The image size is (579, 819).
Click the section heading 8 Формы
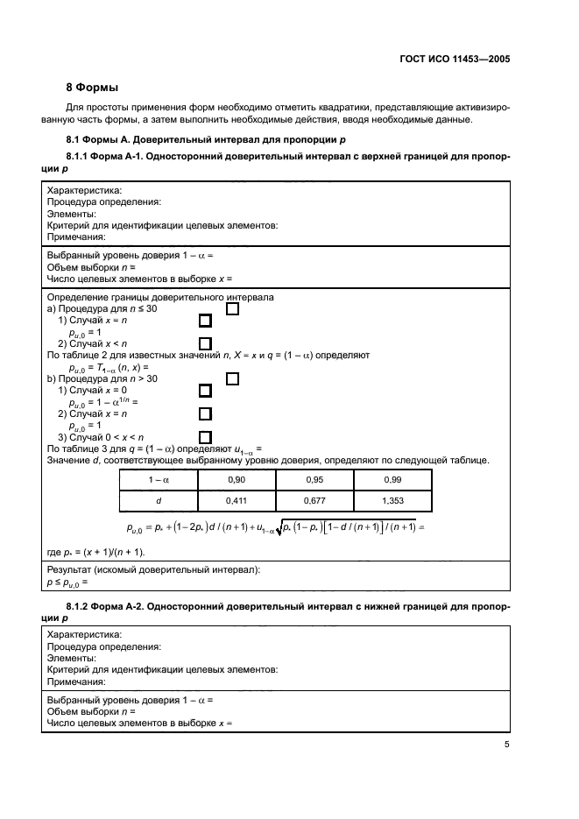(x=95, y=88)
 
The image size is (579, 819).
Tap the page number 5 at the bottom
(x=507, y=745)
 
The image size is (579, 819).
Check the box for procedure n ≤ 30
(x=233, y=308)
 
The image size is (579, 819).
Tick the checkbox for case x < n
(x=206, y=343)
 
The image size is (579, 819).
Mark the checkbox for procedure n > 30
(x=233, y=378)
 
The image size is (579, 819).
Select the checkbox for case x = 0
(x=206, y=391)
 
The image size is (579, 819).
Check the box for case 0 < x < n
(x=206, y=437)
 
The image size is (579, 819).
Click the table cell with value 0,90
(x=237, y=480)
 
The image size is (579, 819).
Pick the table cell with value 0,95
(x=314, y=480)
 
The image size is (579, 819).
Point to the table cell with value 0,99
(x=392, y=480)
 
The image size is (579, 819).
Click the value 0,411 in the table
(x=237, y=500)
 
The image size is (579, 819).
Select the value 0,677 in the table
(x=314, y=500)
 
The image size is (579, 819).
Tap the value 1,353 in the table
(x=392, y=500)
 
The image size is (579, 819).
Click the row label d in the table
(x=159, y=500)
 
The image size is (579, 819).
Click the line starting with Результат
(x=153, y=569)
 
